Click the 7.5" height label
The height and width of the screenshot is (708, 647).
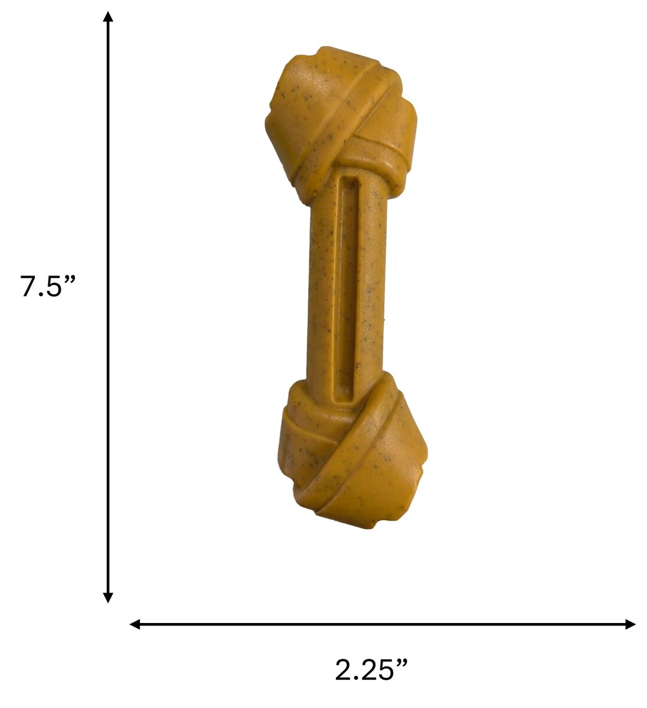(x=48, y=286)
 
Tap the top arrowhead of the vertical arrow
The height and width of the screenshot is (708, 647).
(x=107, y=17)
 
